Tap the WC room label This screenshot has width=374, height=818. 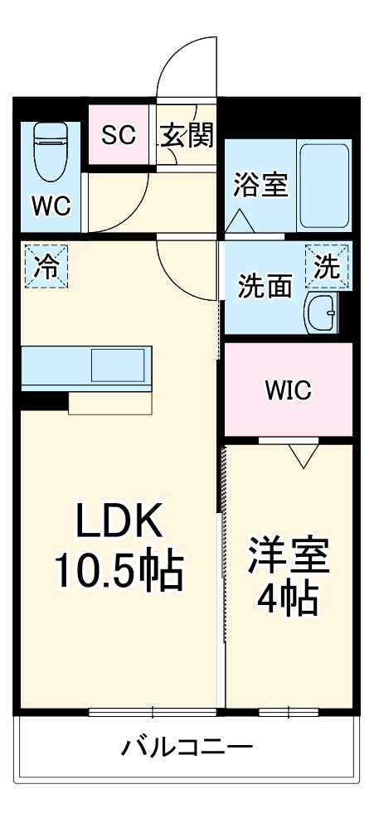tap(51, 205)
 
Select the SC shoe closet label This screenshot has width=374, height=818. tap(119, 134)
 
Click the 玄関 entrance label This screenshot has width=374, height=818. tap(187, 134)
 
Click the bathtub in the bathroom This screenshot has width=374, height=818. tap(324, 184)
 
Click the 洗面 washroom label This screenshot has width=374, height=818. tap(265, 286)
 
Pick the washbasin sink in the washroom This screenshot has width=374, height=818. tap(322, 312)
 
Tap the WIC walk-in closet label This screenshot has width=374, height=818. tap(288, 390)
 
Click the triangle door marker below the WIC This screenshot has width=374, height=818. tap(304, 453)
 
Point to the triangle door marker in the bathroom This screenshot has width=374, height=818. tap(240, 220)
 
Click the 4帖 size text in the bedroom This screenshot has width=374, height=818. tap(288, 599)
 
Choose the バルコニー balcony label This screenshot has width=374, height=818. tap(187, 748)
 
